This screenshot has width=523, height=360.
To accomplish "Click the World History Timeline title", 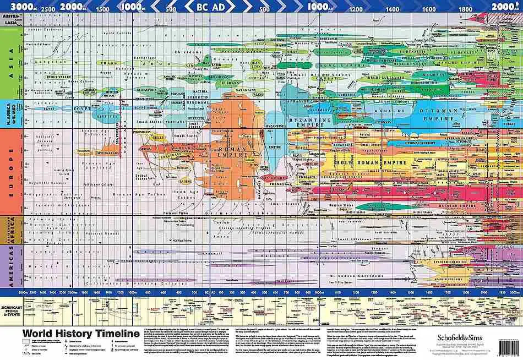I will [80, 334].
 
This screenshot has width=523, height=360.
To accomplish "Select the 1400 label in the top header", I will [393, 9].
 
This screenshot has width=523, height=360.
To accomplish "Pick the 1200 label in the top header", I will [356, 9].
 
